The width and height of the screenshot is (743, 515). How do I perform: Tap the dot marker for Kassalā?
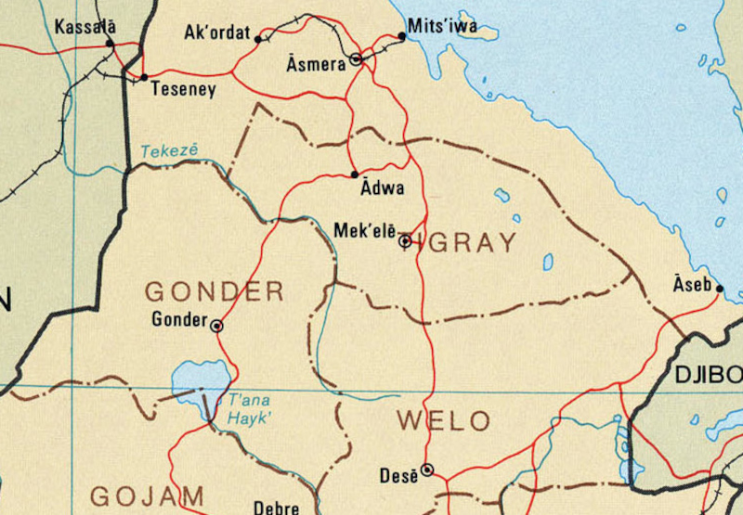(x=110, y=43)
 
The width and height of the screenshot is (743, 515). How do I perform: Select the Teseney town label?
(x=182, y=90)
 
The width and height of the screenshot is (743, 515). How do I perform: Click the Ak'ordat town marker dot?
(x=258, y=39)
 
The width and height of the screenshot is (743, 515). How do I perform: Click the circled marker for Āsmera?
(x=356, y=60)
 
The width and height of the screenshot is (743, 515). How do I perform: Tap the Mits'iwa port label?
(x=442, y=26)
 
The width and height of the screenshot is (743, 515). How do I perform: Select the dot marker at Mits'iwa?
(x=402, y=36)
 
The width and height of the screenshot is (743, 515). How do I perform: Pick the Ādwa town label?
(x=381, y=188)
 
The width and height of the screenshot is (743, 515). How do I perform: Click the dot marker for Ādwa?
(x=355, y=174)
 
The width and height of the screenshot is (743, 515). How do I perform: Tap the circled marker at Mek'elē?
(x=405, y=241)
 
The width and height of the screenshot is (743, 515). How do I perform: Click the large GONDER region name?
(x=214, y=291)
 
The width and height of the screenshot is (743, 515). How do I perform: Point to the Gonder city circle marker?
(x=216, y=326)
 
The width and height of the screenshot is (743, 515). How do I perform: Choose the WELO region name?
(x=443, y=421)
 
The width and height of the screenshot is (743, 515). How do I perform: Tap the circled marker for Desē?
(x=426, y=470)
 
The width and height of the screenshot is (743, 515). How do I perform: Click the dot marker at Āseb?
(x=720, y=288)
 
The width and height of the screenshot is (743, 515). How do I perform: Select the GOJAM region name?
(x=147, y=496)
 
